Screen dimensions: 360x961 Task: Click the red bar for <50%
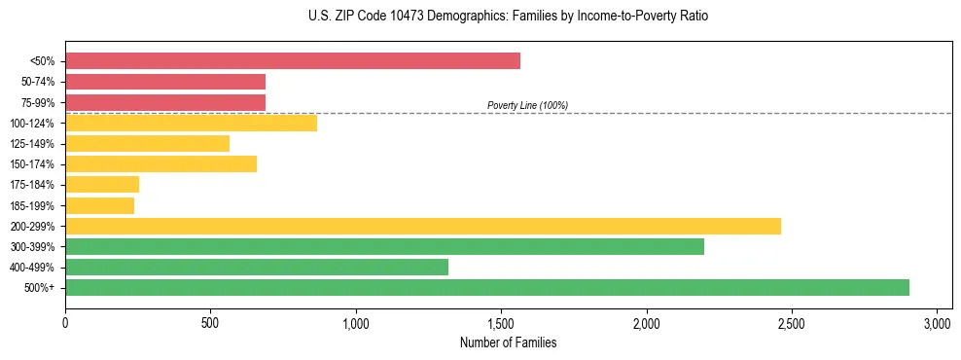point(292,61)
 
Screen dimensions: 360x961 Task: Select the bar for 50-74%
point(165,82)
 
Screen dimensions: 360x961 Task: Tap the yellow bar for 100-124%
point(191,123)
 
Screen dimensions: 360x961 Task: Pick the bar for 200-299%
point(422,226)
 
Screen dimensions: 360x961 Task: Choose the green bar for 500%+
point(486,287)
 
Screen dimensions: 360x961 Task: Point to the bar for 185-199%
point(99,205)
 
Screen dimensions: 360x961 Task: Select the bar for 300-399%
point(384,246)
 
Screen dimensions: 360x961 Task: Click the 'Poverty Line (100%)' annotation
point(527,105)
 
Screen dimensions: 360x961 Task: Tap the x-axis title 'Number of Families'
point(509,342)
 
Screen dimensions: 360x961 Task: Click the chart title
point(509,17)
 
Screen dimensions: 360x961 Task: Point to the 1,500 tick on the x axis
point(501,322)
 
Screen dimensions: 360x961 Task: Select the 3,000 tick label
point(937,322)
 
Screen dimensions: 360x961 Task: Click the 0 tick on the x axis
point(65,322)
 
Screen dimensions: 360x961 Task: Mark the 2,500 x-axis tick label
point(792,322)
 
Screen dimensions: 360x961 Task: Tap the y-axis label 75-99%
point(38,103)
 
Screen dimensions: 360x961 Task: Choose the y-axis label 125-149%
point(34,144)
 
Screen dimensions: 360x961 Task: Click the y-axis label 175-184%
point(34,185)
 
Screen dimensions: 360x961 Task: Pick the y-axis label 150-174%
point(34,164)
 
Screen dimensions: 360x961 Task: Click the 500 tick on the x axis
point(210,322)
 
